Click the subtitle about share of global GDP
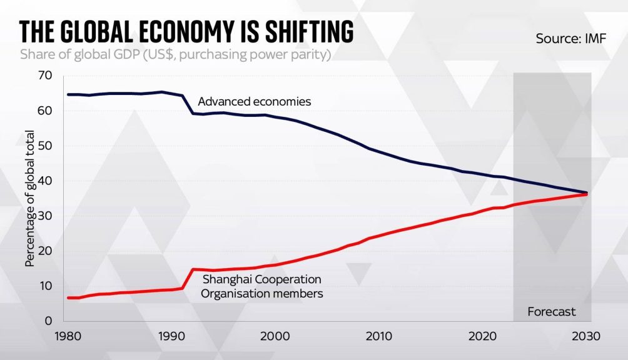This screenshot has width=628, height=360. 175,54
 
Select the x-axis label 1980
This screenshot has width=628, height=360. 67,336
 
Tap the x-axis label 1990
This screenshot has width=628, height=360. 170,336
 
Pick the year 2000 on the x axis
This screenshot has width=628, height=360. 274,336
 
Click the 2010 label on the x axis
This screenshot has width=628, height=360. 378,336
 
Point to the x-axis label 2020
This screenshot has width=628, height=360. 482,336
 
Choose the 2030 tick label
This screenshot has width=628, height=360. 585,336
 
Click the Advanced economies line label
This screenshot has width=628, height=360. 255,101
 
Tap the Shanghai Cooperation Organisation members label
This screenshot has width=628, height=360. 262,286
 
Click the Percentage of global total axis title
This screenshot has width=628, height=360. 29,199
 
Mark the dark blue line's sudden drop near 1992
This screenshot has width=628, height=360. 188,105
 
